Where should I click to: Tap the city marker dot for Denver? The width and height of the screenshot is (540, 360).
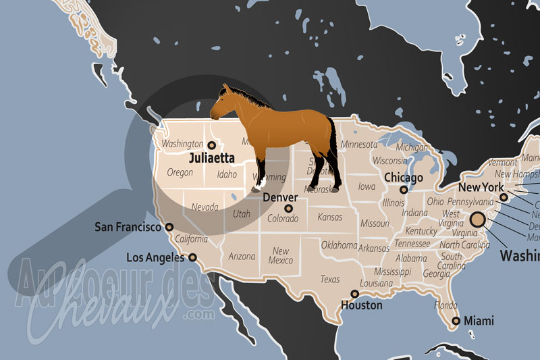pos(289,209)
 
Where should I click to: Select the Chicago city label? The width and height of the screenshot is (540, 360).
pos(403,178)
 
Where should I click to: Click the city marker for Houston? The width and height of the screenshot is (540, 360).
pos(355,294)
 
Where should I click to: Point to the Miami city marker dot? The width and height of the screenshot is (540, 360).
pos(457,321)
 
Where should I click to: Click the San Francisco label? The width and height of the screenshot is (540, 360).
pos(128,227)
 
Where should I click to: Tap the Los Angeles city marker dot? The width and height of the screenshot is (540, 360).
pos(192,257)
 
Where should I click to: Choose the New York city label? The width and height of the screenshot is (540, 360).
pos(481,187)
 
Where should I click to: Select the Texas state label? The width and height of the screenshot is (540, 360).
pos(330,279)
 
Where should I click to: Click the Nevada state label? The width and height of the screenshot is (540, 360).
pos(204,207)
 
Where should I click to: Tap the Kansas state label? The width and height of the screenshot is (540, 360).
pos(329,217)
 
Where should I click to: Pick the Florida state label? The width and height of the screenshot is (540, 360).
pos(446,305)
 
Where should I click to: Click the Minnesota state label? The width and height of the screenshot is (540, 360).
pos(359,145)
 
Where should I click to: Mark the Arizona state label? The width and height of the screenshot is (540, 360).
pos(242,257)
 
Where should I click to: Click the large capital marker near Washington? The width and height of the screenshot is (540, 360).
pos(478,220)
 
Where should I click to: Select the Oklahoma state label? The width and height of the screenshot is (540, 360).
pos(338,245)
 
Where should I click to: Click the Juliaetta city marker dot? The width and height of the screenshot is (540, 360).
pos(211,145)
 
